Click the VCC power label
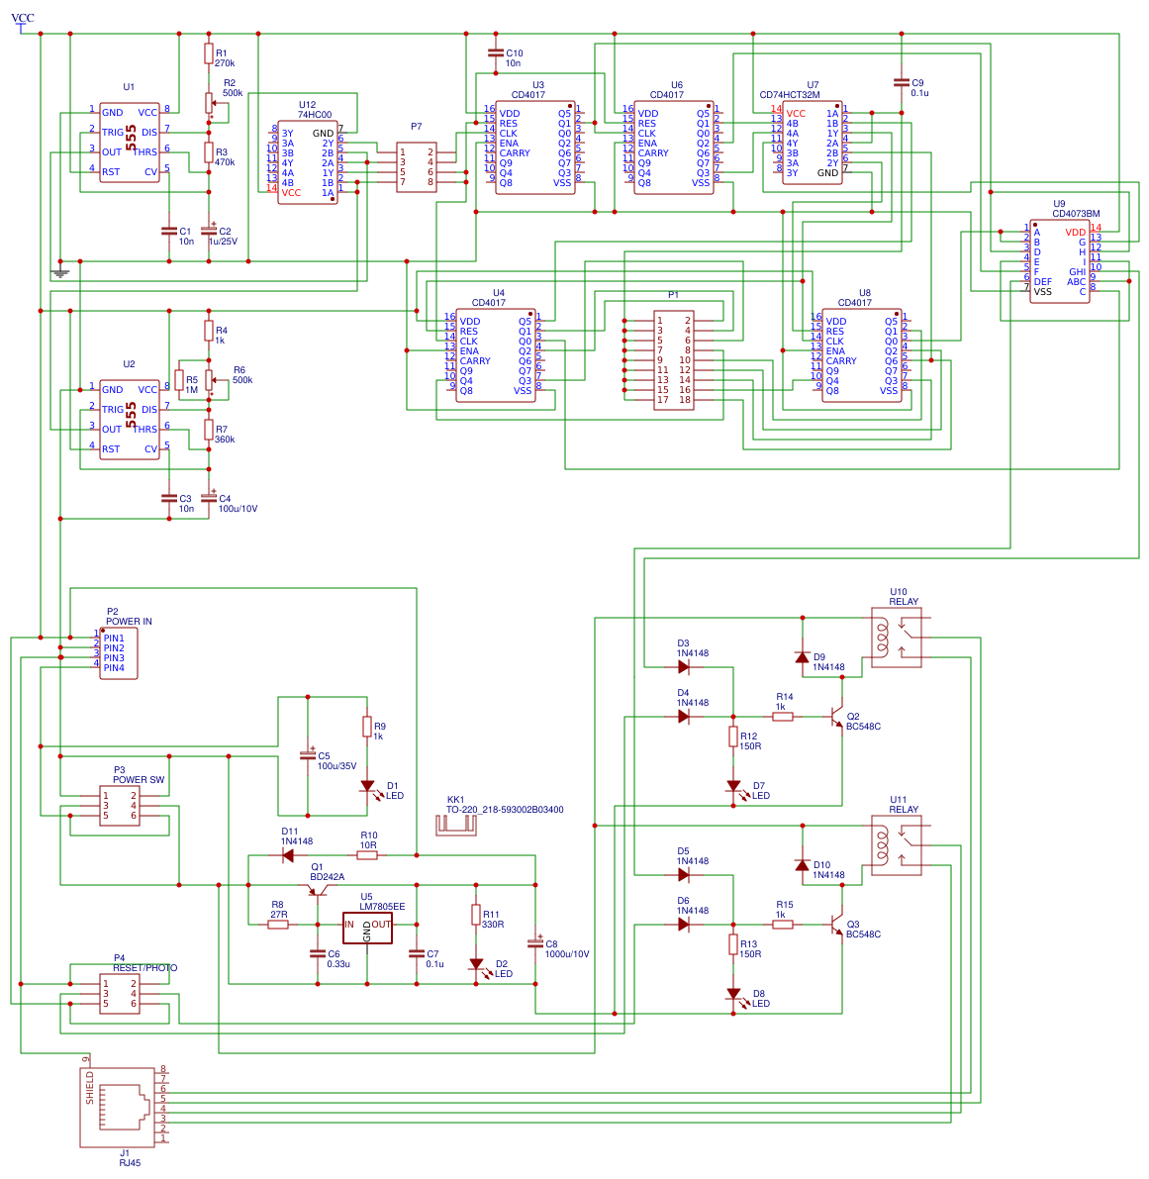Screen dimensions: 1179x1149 tap(22, 19)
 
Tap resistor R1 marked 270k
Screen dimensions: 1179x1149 tap(209, 54)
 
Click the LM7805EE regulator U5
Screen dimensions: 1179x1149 tap(367, 927)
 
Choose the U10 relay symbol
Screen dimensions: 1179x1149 tap(897, 639)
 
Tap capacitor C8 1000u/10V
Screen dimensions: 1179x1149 tap(535, 944)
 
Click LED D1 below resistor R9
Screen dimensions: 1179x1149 tap(367, 787)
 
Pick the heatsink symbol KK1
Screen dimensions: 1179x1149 tap(455, 825)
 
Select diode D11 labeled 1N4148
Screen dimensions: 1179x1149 tap(288, 855)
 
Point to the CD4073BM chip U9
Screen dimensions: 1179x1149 tap(1059, 261)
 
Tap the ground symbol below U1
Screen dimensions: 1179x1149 tap(60, 271)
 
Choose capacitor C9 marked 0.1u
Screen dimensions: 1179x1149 tap(901, 83)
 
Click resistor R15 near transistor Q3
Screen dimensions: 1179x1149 tap(783, 925)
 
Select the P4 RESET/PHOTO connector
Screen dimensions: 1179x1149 tap(119, 994)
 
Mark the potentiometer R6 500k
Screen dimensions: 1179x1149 tap(209, 380)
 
